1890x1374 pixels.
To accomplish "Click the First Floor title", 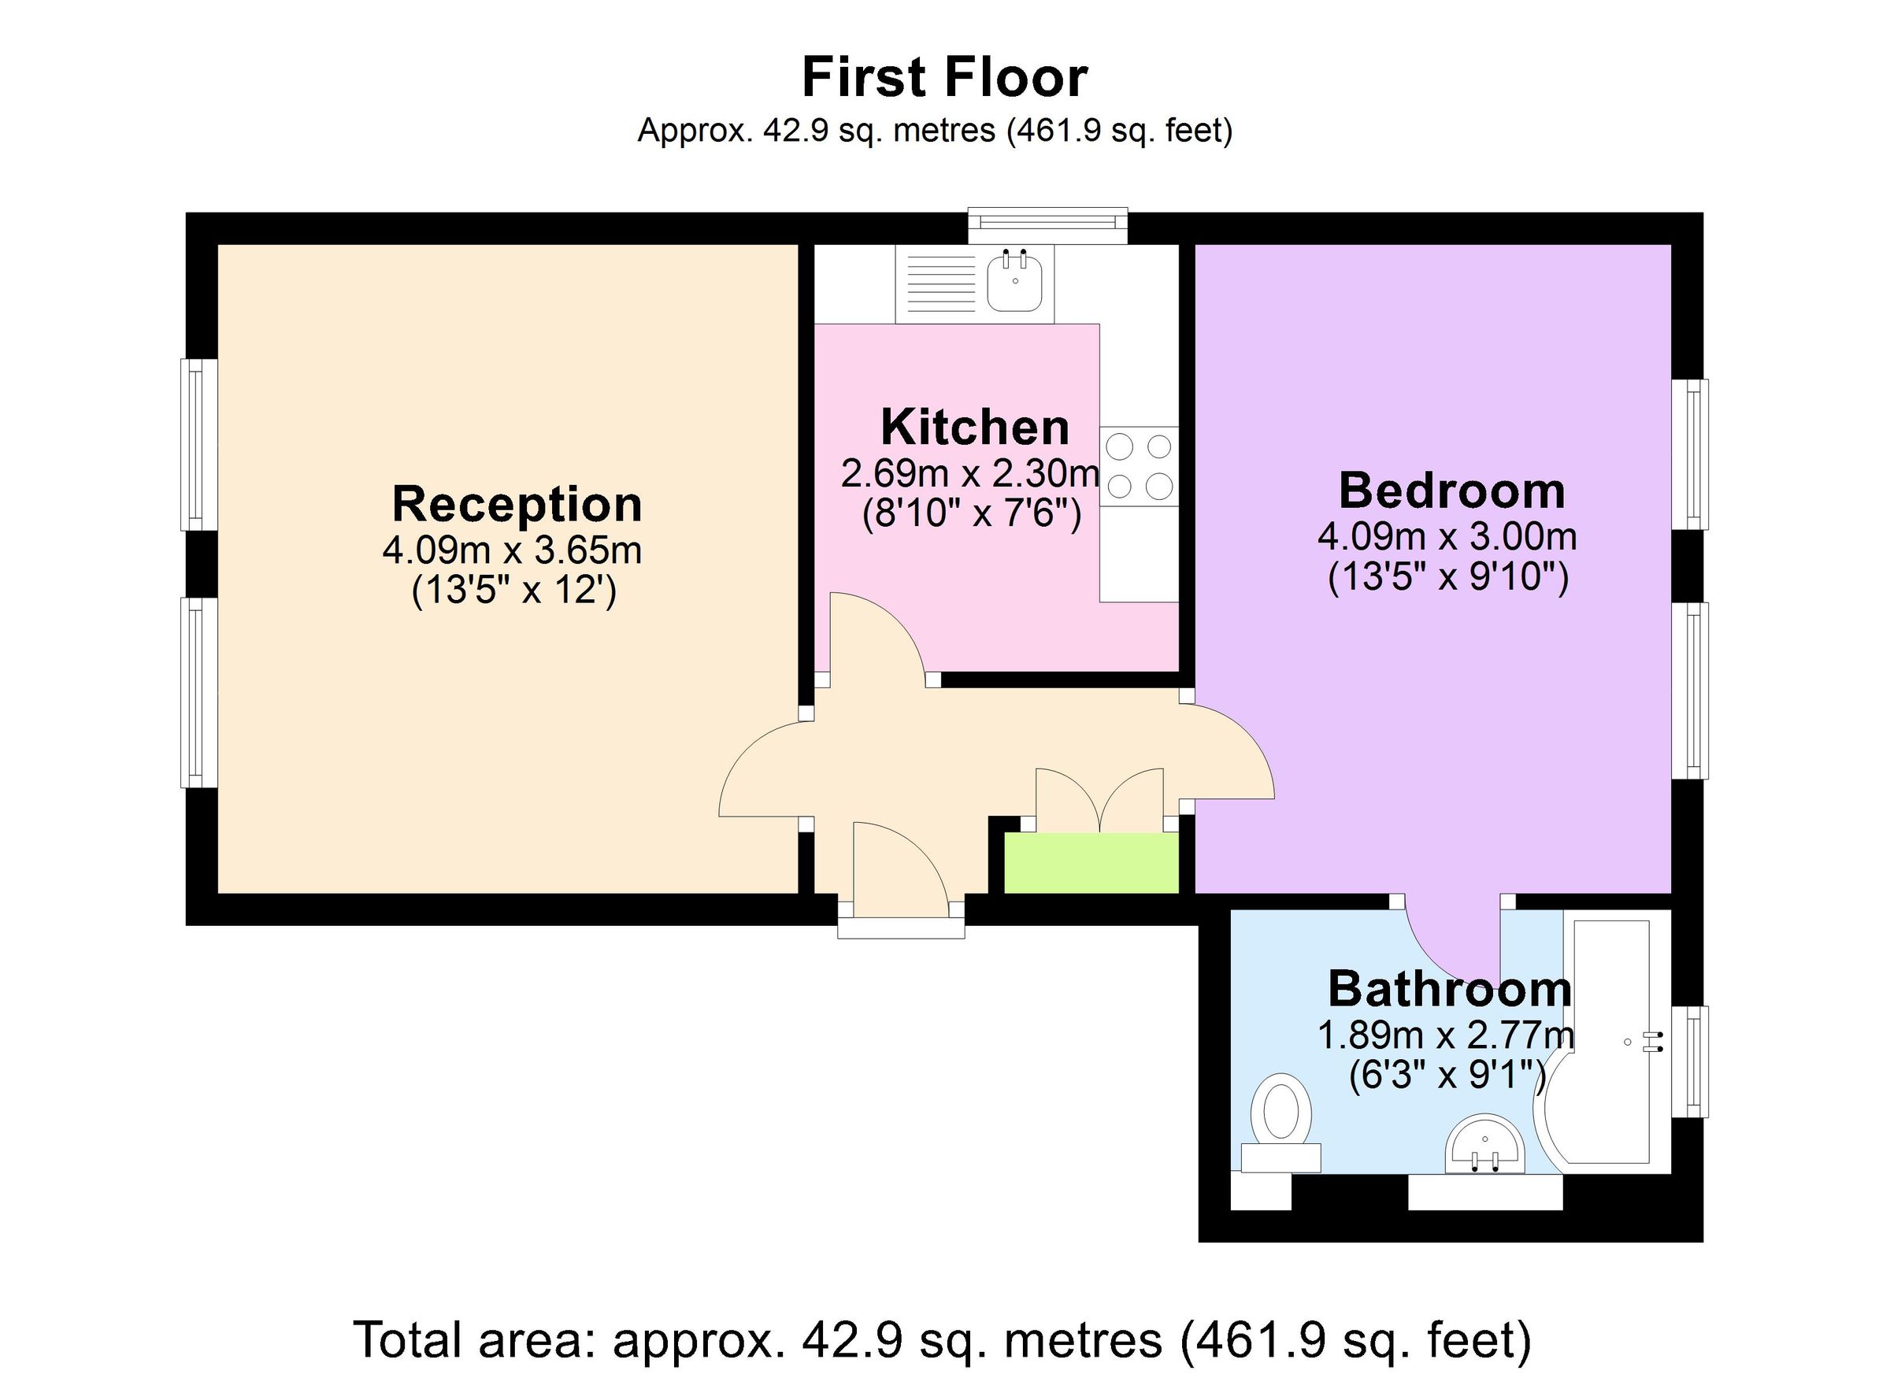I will click(944, 77).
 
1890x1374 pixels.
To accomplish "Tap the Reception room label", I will click(517, 504).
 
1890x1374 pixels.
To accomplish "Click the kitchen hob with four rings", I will click(1139, 467).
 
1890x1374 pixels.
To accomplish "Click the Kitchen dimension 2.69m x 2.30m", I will click(970, 474).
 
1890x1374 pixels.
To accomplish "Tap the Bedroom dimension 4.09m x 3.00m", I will click(1447, 536).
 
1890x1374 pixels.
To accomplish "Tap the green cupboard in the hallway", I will click(1091, 862).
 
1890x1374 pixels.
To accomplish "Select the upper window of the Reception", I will click(198, 444).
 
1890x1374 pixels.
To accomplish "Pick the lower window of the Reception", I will click(198, 691).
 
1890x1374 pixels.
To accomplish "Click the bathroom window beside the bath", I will click(1690, 1062).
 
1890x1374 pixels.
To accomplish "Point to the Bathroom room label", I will click(1449, 989).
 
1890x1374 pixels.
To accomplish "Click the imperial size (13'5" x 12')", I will click(514, 591).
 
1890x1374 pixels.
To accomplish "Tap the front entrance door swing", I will click(900, 867).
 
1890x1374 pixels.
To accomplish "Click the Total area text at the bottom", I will click(943, 1340).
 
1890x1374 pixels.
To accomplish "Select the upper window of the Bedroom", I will click(1690, 454).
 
